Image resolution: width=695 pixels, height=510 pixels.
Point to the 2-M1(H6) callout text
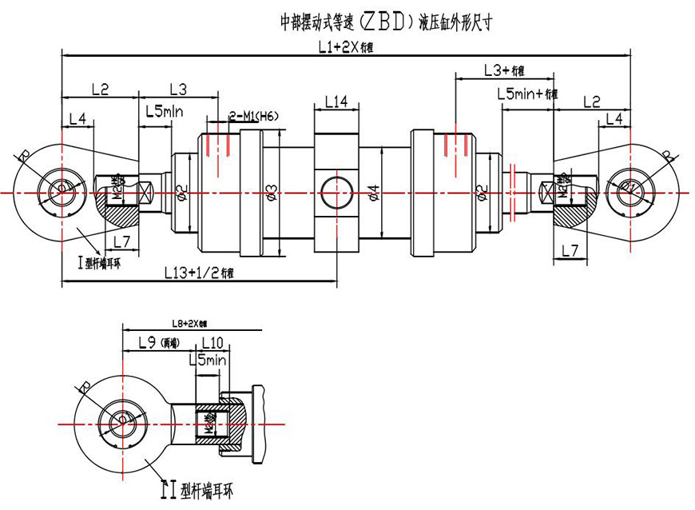coord(253,117)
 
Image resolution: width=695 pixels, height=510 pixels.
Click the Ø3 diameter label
coord(271,192)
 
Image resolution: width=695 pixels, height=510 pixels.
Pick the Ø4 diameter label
coord(374,192)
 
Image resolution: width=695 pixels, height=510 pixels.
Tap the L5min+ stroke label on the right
coord(526,94)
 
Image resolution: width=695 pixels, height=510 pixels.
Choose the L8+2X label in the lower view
coord(189,324)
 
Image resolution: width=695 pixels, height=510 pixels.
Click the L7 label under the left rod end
coord(120,241)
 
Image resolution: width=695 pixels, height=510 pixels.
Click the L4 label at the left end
coord(77,118)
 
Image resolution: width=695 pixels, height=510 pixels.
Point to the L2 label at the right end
coord(591,102)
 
